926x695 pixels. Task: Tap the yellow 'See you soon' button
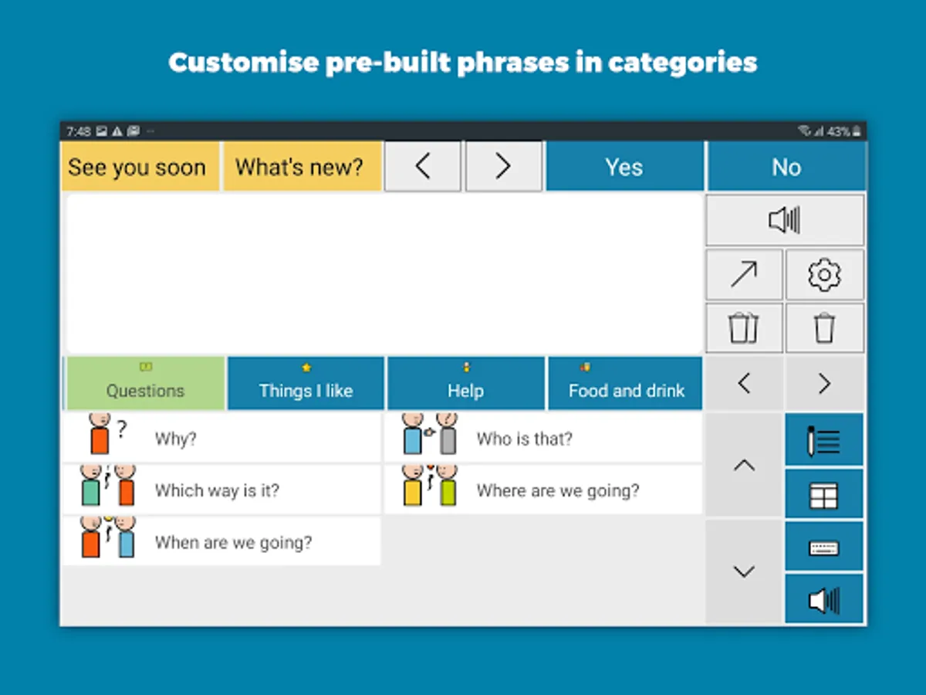point(140,166)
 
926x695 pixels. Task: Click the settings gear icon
point(824,275)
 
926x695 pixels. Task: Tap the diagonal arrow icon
point(744,274)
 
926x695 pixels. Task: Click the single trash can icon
point(824,328)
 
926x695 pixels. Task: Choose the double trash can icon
point(743,328)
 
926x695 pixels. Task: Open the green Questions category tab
point(146,383)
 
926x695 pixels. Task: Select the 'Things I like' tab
point(306,383)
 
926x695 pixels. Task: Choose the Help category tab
point(466,383)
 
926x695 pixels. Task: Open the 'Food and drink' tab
point(626,383)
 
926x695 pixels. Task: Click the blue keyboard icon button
point(824,547)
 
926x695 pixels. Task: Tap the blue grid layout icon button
point(824,494)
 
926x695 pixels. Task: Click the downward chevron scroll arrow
point(744,571)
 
